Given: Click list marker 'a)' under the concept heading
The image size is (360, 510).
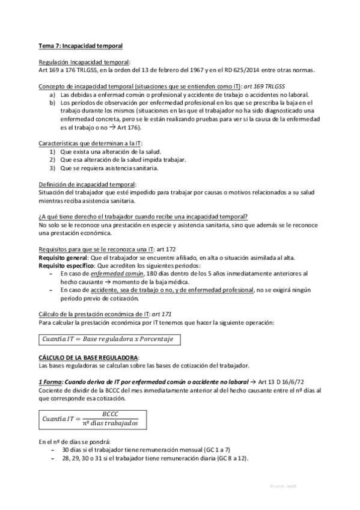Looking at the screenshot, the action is (53, 95).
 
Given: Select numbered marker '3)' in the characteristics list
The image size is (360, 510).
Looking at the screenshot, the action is (53, 168).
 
